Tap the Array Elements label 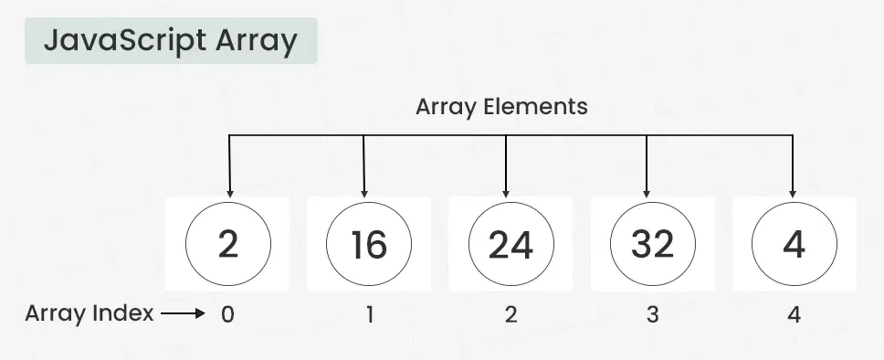(x=501, y=107)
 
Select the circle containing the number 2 (x=228, y=244)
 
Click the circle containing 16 (x=369, y=244)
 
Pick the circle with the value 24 (x=510, y=244)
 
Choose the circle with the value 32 (x=652, y=244)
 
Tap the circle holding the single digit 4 (x=794, y=244)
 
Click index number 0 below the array (x=228, y=315)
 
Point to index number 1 (x=369, y=315)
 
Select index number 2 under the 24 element (x=510, y=315)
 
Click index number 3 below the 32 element (x=652, y=315)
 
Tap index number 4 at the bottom (x=794, y=315)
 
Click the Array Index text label (x=89, y=314)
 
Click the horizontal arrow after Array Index (x=184, y=315)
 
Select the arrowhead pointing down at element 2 (x=228, y=192)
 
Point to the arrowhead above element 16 (x=364, y=192)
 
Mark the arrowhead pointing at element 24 (x=506, y=192)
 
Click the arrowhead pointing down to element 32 (x=647, y=192)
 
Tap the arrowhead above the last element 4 (x=793, y=192)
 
